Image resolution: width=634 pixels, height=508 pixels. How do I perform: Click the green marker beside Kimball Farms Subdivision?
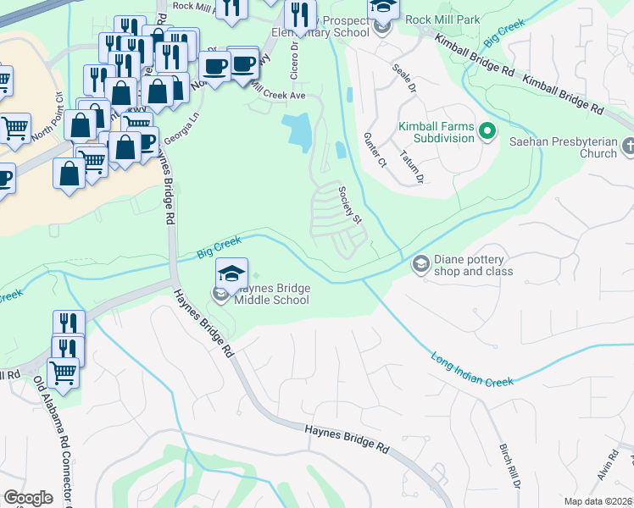pos(487,131)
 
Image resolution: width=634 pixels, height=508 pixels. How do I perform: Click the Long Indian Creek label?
pos(471,370)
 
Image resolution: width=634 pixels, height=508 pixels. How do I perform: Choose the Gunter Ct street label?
pos(375,149)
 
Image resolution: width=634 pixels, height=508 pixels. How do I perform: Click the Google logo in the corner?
pos(28,498)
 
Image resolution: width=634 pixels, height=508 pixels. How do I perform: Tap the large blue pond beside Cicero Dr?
pos(299,132)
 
